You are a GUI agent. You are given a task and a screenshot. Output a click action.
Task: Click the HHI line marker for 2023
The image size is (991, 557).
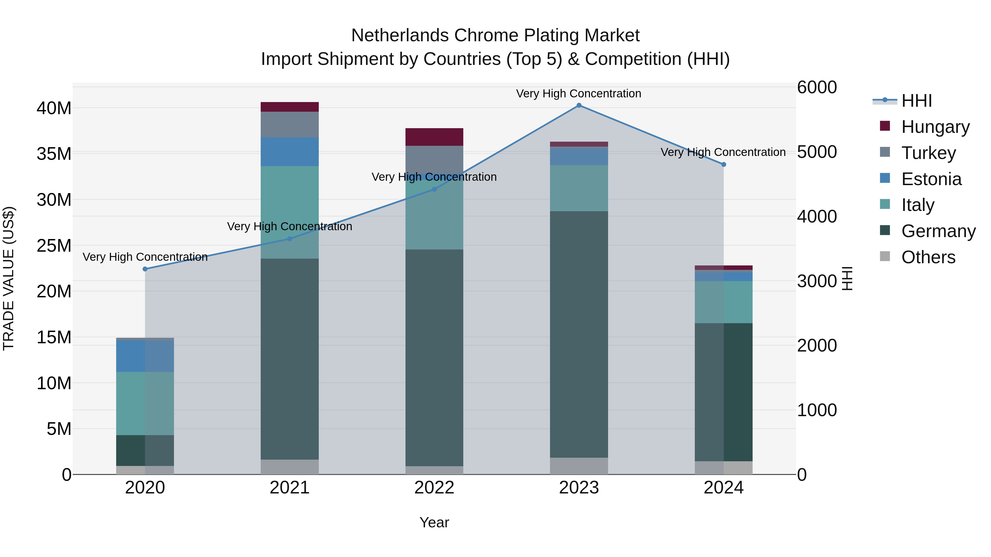pos(579,105)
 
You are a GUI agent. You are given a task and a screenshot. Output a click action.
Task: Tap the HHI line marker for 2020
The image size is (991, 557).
pos(145,269)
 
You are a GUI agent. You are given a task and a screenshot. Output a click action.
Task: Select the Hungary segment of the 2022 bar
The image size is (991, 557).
pos(434,137)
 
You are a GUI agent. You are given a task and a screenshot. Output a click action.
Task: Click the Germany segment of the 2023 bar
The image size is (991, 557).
pos(579,334)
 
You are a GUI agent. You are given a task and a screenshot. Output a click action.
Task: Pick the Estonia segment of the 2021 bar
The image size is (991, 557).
pos(290,152)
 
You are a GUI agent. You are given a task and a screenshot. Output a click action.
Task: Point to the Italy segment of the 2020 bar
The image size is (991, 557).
pos(145,404)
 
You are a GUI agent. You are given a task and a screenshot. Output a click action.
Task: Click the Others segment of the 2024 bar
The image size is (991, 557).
pos(724,468)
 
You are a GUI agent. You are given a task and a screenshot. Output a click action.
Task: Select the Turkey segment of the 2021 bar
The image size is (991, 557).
pos(290,125)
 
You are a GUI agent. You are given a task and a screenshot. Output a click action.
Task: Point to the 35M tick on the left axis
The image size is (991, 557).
pos(54,154)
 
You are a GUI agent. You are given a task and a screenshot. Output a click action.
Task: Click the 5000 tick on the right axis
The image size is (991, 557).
pos(817,152)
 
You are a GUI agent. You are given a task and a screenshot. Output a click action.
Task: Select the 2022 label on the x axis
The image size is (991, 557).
pos(434,488)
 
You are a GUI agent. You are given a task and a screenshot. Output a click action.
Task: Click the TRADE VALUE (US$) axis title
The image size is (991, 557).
pos(9,278)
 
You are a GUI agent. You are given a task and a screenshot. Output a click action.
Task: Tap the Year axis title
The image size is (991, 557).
pos(434,522)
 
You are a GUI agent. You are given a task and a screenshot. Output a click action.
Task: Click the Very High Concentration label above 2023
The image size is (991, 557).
pos(579,94)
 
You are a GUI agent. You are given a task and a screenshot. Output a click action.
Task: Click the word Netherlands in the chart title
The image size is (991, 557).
pos(400,35)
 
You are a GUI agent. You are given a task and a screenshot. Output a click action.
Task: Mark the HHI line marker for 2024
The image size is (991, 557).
pos(724,164)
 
